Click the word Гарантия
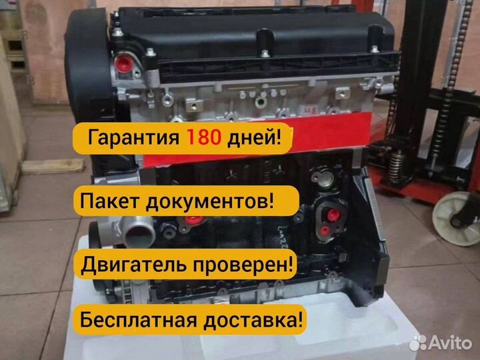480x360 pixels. [x=133, y=139]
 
